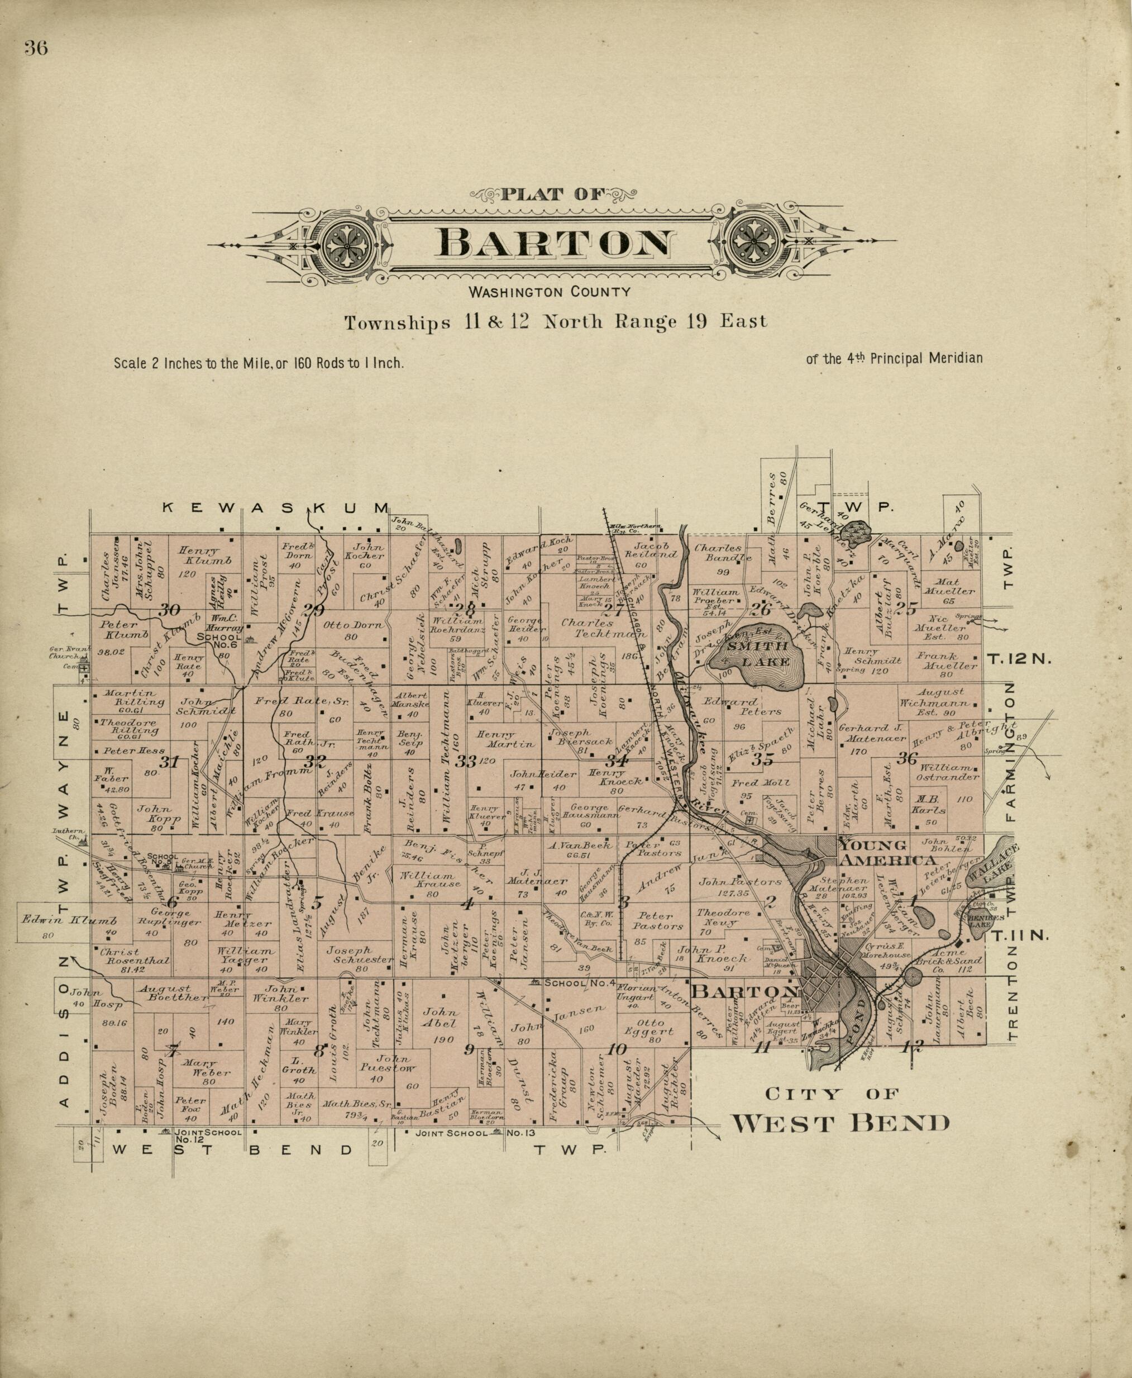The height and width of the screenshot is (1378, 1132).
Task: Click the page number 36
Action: click(x=36, y=49)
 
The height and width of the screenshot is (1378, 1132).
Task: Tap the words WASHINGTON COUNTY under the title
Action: click(x=550, y=292)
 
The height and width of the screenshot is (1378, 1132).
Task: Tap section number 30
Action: click(x=170, y=610)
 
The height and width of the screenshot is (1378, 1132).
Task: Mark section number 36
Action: click(x=906, y=758)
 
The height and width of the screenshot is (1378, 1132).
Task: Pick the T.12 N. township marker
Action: click(x=1019, y=659)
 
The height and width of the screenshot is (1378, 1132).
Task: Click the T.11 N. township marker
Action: click(x=1019, y=935)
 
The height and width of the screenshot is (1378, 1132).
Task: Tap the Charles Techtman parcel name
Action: click(x=578, y=627)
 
